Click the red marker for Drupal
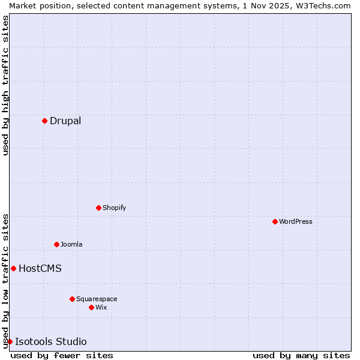[x=44, y=121]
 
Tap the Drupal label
[x=65, y=121]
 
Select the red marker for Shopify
[x=98, y=208]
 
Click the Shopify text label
[x=114, y=208]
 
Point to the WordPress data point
[x=275, y=221]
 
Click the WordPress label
[x=295, y=222]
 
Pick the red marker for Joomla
[x=56, y=244]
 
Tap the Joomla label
[x=71, y=245]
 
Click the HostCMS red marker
[x=13, y=268]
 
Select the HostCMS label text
[x=40, y=269]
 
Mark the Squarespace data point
[x=72, y=299]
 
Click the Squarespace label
[x=97, y=299]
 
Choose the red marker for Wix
[x=91, y=307]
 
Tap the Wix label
[x=101, y=308]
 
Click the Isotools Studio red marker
[x=10, y=341]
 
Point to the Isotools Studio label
[x=50, y=342]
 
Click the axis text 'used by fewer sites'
[x=62, y=355]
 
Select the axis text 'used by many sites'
[x=301, y=355]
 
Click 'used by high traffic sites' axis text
[x=5, y=85]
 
